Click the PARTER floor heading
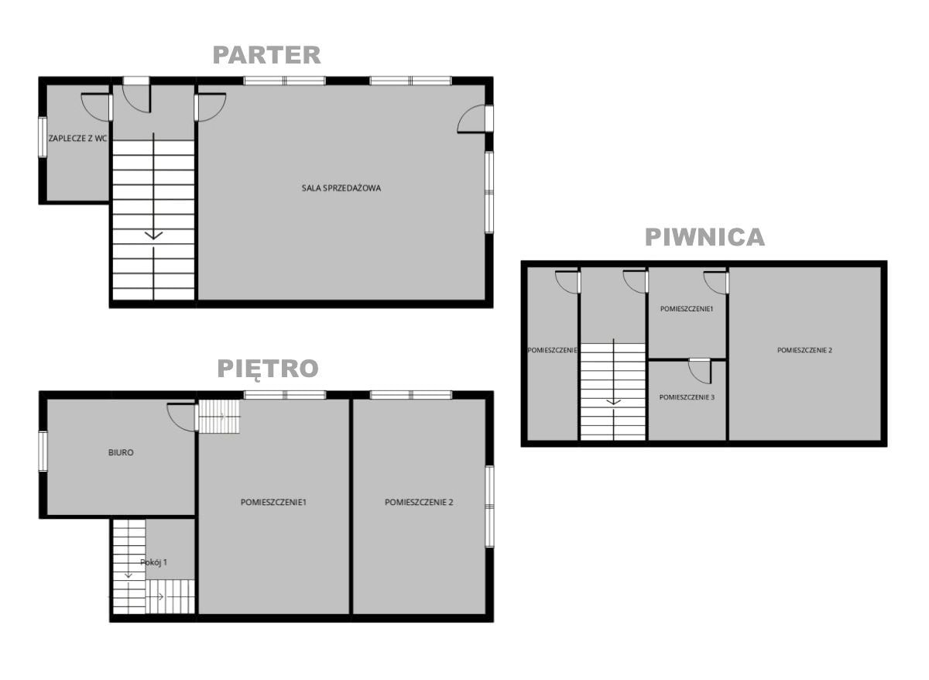click(266, 55)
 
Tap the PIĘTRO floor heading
click(268, 369)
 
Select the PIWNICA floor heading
click(705, 237)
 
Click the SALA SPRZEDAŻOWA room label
click(341, 188)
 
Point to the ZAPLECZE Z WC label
click(78, 138)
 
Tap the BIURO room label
click(121, 452)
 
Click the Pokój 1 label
click(153, 562)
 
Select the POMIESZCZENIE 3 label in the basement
click(687, 397)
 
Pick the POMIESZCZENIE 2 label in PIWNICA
click(804, 350)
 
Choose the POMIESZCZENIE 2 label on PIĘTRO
click(419, 502)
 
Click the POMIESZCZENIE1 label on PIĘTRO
click(273, 502)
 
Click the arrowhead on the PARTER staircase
click(153, 235)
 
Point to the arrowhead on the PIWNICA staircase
click(613, 402)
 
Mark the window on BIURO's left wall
click(43, 451)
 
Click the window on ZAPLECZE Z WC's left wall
click(43, 137)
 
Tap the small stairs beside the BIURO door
click(219, 416)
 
